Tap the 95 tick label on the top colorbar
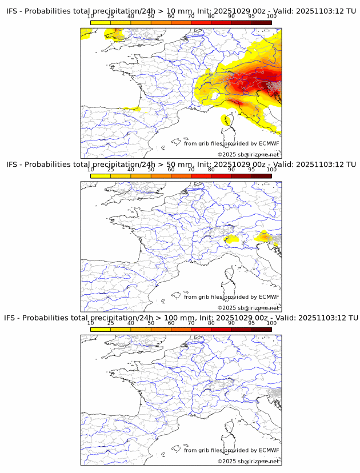tap(251, 16)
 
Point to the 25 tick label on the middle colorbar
tap(110, 170)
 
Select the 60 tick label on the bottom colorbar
tap(170, 323)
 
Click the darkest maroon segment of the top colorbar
tap(261, 22)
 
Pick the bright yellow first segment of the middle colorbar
tap(100, 176)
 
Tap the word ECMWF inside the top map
tap(269, 143)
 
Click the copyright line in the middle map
tap(248, 308)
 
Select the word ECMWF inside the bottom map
tap(269, 450)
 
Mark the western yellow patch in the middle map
tap(230, 239)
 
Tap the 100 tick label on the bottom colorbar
tap(271, 323)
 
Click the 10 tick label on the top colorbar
tap(90, 16)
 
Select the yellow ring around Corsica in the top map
tap(223, 119)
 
